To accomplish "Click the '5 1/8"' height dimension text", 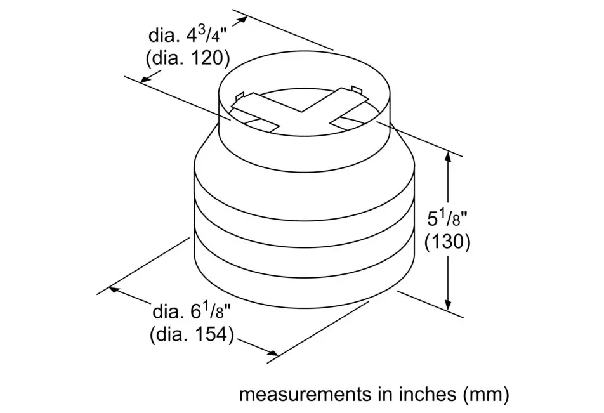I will tap(447, 219).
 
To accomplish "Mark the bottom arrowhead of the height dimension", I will tap(449, 303).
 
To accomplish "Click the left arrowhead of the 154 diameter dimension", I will tap(115, 289).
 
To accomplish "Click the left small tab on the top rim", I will tap(239, 96).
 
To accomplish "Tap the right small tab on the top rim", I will tap(355, 89).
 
